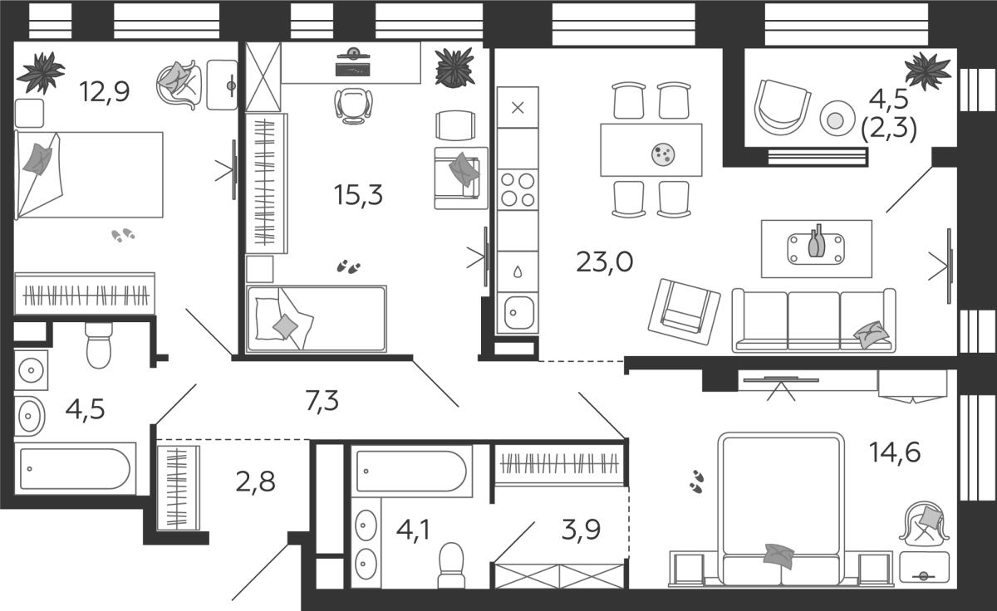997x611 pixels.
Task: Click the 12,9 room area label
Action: (105, 91)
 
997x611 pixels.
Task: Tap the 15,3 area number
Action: (358, 195)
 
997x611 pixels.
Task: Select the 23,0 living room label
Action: (605, 262)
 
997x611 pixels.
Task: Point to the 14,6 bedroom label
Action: (895, 452)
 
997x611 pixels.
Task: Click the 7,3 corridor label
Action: (322, 401)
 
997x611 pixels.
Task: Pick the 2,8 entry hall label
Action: (256, 481)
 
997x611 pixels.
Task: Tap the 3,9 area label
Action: (582, 529)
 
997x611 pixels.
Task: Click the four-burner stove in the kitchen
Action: (518, 190)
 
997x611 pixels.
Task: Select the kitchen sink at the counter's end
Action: (518, 313)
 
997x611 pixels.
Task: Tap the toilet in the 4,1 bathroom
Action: (451, 565)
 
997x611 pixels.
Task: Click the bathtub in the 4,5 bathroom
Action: (76, 469)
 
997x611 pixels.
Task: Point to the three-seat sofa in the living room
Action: (813, 320)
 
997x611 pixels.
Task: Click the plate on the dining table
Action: (663, 154)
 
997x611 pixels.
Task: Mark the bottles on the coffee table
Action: (816, 241)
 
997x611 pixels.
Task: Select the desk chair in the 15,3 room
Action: (353, 105)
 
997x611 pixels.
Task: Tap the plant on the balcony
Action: (927, 71)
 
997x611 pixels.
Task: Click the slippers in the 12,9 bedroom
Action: (123, 235)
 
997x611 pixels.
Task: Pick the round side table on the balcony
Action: (837, 118)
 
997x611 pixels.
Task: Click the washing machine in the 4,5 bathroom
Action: (32, 370)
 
